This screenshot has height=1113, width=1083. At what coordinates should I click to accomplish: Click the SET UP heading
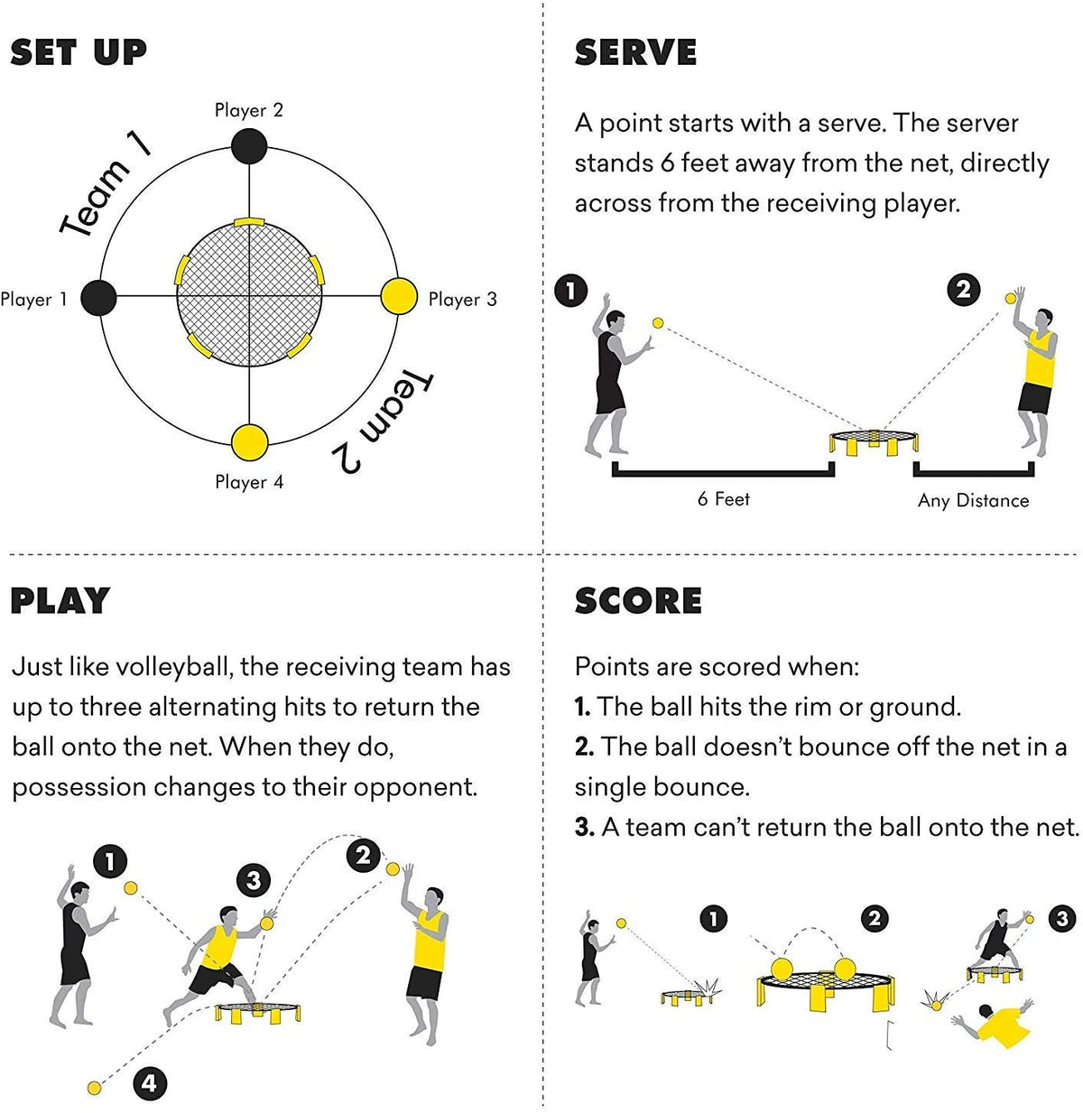[79, 52]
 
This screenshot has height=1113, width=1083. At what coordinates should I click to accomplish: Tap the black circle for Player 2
[249, 146]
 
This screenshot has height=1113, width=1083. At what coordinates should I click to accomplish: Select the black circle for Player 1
[98, 298]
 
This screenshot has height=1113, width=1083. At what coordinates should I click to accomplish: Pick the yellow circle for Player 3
[398, 296]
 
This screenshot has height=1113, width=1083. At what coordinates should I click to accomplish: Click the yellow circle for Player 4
[250, 441]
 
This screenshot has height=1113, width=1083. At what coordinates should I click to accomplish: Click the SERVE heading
[635, 52]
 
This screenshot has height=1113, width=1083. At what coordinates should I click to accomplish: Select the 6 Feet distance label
[723, 499]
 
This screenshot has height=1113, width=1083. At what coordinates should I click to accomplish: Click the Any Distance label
[973, 501]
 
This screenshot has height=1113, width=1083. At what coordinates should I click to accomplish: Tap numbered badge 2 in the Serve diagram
[964, 290]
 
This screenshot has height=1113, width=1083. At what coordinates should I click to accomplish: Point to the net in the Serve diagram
[875, 441]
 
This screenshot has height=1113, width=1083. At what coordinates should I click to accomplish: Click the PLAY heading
[60, 600]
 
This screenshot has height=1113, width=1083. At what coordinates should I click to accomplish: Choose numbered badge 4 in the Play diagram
[149, 1082]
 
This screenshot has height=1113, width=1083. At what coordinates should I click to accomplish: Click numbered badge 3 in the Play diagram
[254, 880]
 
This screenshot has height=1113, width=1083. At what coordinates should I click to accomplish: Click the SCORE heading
[638, 600]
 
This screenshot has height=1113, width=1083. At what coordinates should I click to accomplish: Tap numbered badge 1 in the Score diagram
[713, 919]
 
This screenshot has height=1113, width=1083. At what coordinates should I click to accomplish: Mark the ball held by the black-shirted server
[658, 323]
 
